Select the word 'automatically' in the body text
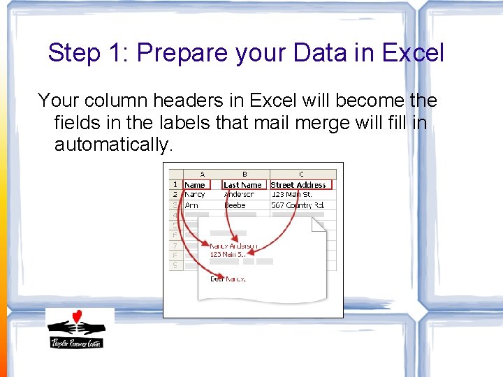(x=112, y=145)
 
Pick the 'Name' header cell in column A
(x=196, y=185)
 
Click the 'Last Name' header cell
(x=242, y=185)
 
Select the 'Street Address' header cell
(x=298, y=185)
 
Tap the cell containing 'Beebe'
(x=235, y=205)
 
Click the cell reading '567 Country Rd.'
(x=298, y=205)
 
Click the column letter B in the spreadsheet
(x=245, y=175)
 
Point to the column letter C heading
(x=301, y=175)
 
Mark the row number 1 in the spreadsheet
(x=175, y=185)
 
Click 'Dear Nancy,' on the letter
(x=228, y=279)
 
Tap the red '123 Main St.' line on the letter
(x=226, y=255)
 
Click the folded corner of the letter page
(x=319, y=225)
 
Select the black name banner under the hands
(x=75, y=342)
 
